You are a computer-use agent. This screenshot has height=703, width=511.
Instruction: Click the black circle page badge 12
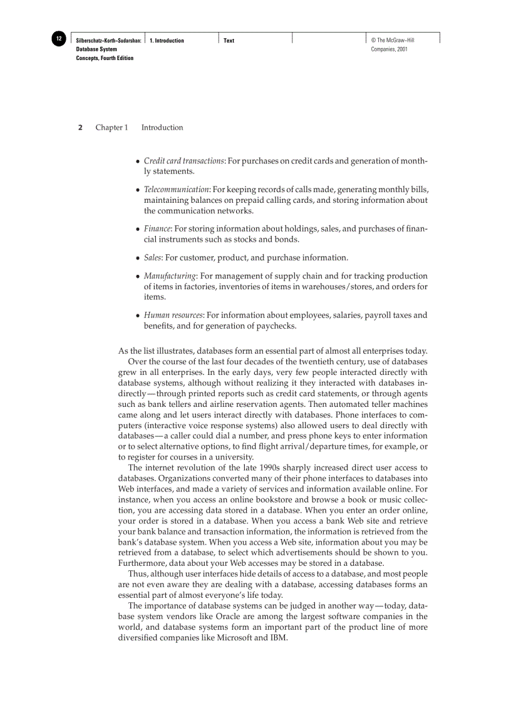pyautogui.click(x=58, y=39)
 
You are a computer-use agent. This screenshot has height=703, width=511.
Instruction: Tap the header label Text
pyautogui.click(x=229, y=41)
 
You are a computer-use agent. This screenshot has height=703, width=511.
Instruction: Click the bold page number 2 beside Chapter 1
pyautogui.click(x=80, y=128)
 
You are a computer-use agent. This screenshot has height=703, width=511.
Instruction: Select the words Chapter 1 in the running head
pyautogui.click(x=111, y=128)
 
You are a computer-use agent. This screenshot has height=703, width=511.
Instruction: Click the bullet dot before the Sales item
pyautogui.click(x=138, y=258)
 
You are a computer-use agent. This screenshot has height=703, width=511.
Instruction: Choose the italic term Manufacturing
pyautogui.click(x=170, y=276)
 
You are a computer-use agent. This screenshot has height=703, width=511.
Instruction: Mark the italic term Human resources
pyautogui.click(x=173, y=316)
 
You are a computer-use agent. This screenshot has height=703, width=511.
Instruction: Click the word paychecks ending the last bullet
pyautogui.click(x=274, y=326)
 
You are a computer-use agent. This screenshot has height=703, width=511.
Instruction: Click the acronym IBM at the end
pyautogui.click(x=279, y=638)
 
